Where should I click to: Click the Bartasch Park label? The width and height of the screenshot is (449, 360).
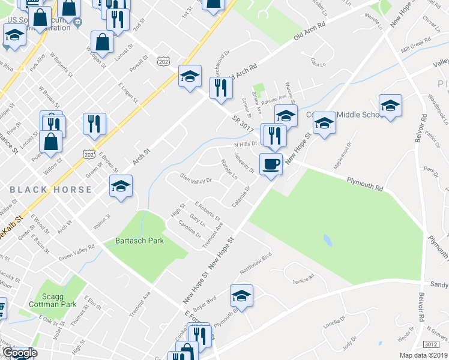[x=139, y=241]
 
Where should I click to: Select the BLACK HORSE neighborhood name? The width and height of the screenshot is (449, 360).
[x=51, y=189]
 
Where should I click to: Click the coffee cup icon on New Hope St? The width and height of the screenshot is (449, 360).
[x=271, y=163]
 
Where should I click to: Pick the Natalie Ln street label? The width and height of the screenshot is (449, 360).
[x=229, y=169]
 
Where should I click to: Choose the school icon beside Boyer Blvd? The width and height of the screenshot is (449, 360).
[x=242, y=295]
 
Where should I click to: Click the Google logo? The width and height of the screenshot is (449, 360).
[x=19, y=353]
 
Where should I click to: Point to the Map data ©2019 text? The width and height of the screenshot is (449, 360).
[x=423, y=355]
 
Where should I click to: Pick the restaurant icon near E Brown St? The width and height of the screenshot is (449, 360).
[x=94, y=124]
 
